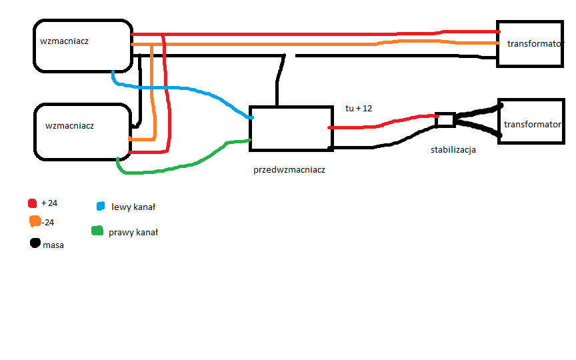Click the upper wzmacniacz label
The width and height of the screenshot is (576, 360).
point(64,41)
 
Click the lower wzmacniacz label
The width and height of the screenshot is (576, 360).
point(69,126)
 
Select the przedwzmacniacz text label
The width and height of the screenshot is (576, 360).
point(289,170)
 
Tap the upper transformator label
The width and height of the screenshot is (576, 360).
point(534,44)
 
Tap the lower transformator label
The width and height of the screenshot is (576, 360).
point(532,125)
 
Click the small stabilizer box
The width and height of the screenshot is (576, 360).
point(445,120)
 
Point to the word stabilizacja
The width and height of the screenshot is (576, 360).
point(453,150)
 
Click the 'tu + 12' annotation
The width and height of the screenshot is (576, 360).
point(359,109)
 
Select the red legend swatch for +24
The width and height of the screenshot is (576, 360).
point(32,203)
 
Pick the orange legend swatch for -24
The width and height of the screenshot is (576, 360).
point(35,221)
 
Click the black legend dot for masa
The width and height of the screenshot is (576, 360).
point(35,243)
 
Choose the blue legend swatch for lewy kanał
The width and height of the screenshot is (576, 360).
point(100,206)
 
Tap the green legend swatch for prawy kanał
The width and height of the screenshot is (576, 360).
point(97,230)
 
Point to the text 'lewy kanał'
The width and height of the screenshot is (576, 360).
point(133,207)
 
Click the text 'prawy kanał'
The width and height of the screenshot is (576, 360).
point(133,233)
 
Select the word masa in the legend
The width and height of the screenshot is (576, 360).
point(53,245)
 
